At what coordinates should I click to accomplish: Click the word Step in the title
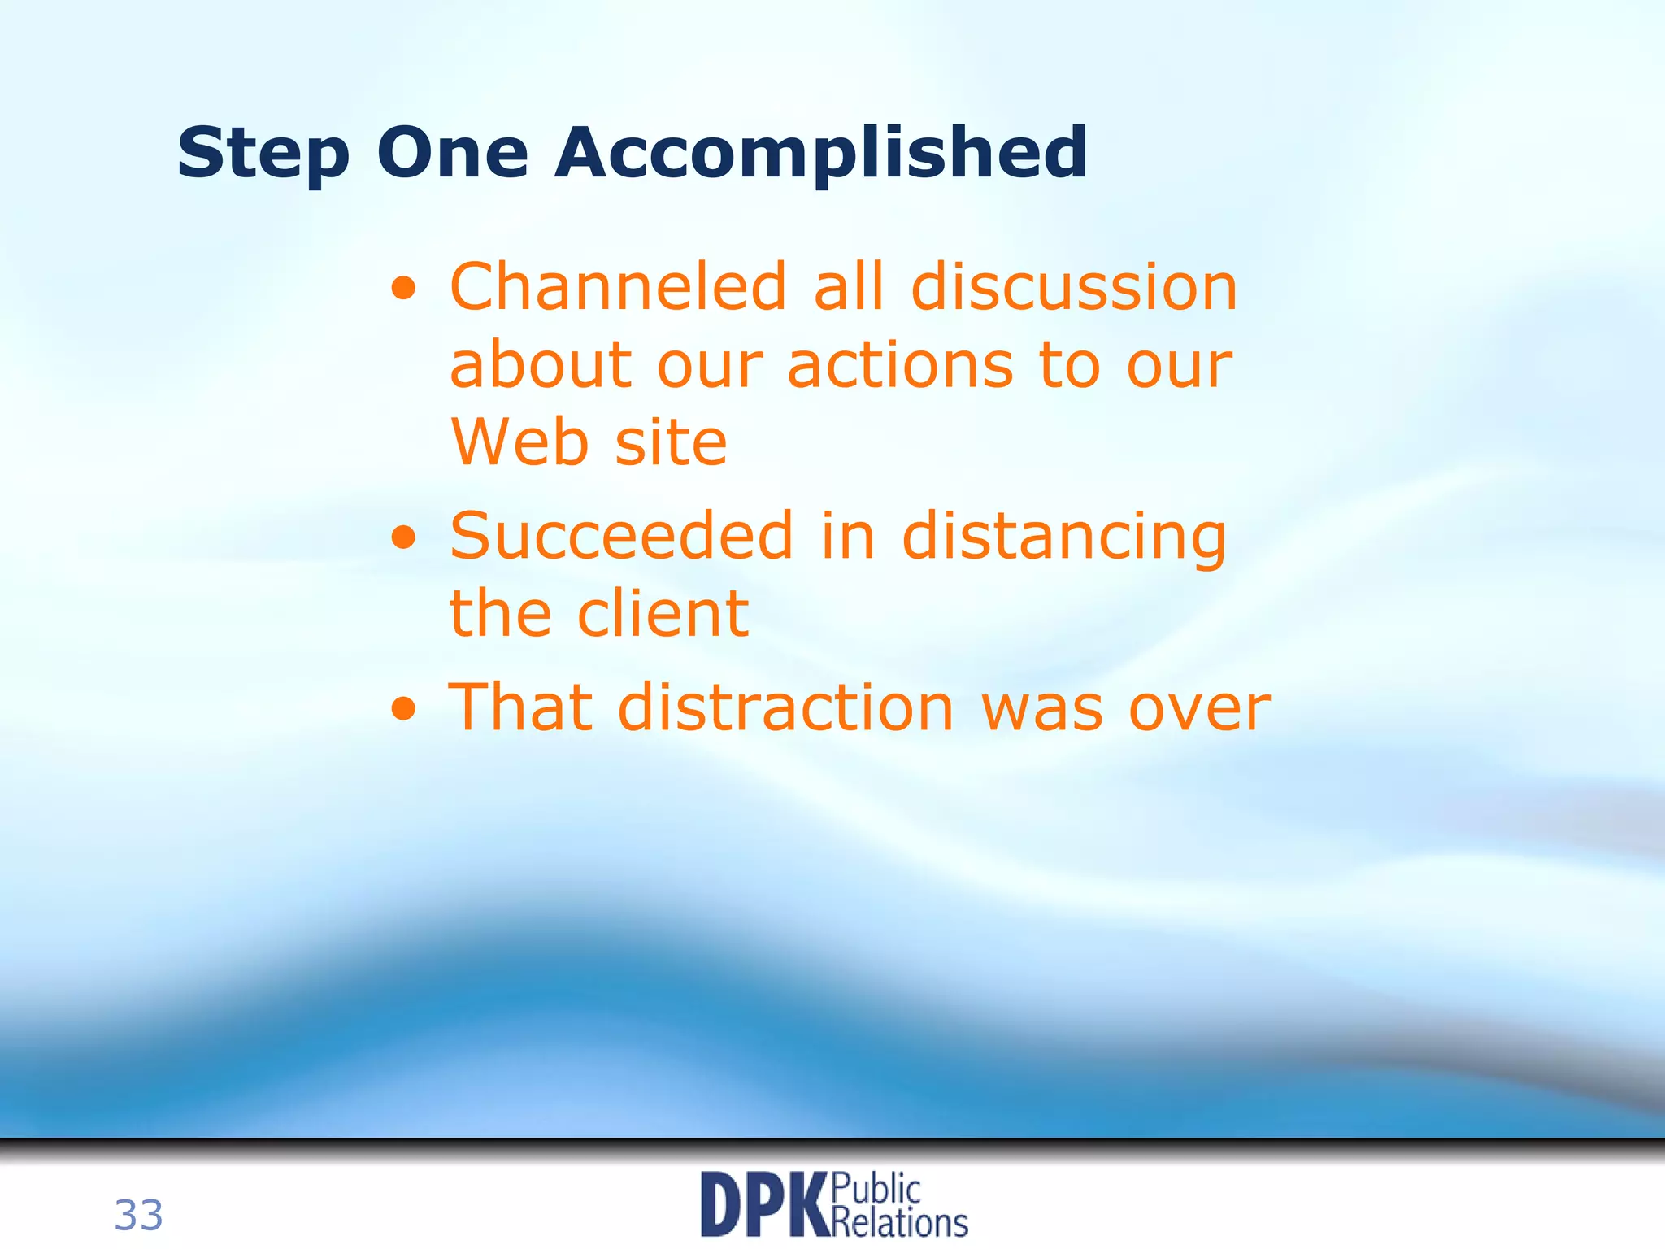(263, 154)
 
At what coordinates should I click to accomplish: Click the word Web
(519, 442)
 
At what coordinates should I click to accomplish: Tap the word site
(671, 442)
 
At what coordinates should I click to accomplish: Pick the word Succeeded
(621, 536)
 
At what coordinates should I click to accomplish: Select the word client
(663, 613)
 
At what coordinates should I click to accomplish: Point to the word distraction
(785, 707)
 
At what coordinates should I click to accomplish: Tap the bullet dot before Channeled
(404, 288)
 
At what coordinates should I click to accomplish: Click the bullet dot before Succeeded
(404, 537)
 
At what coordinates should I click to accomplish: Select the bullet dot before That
(404, 708)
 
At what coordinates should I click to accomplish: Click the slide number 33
(138, 1216)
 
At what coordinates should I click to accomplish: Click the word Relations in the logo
(900, 1222)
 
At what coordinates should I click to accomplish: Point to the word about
(541, 365)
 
